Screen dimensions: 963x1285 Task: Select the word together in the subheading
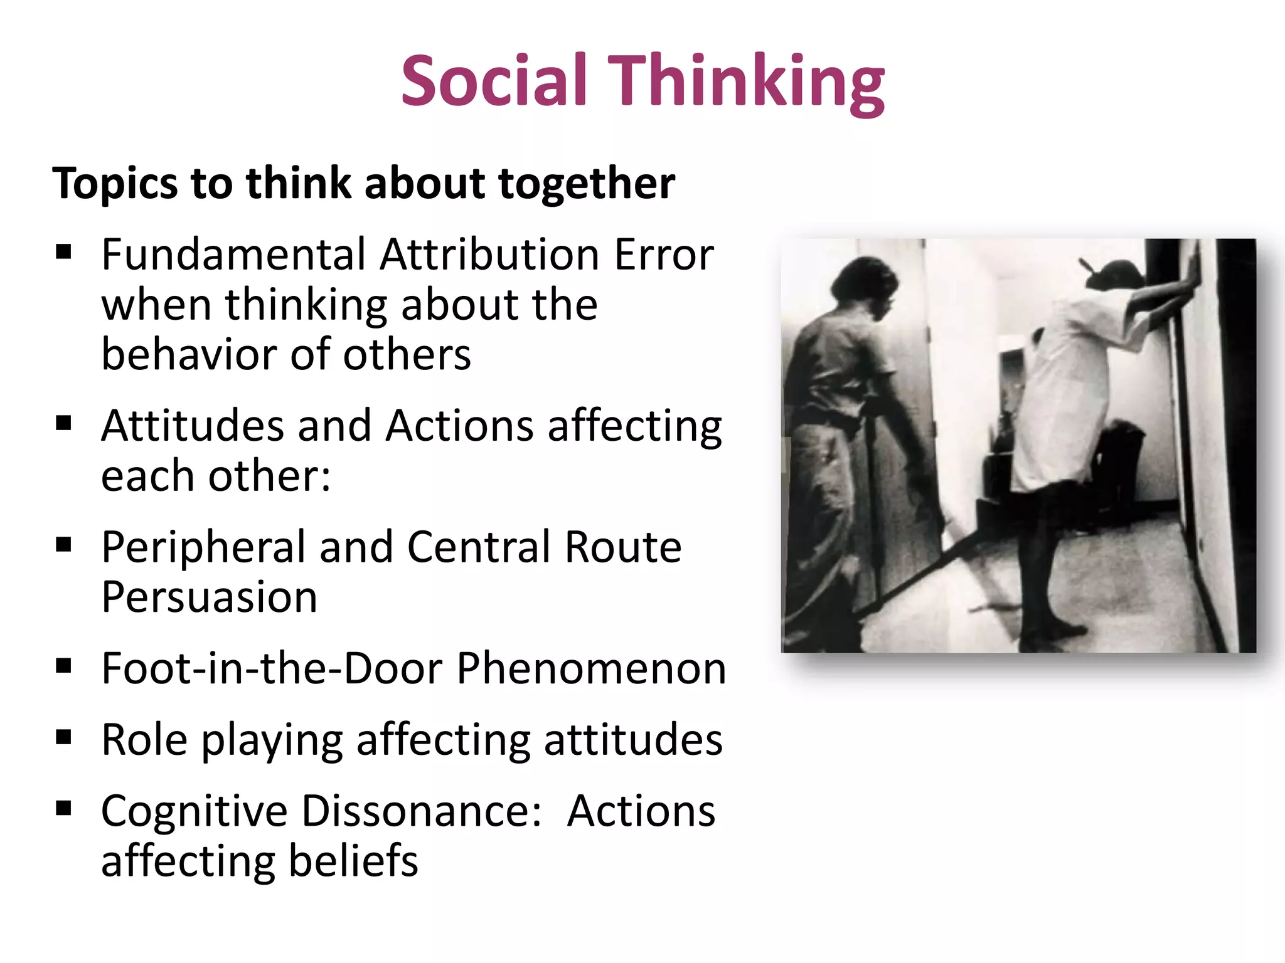click(x=586, y=183)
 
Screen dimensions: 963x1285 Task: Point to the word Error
click(x=663, y=255)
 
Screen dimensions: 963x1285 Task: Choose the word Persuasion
click(x=210, y=597)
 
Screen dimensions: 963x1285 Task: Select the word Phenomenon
click(x=591, y=668)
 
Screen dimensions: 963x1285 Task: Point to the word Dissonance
click(x=421, y=811)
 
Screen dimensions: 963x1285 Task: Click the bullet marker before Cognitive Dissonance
click(x=63, y=808)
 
